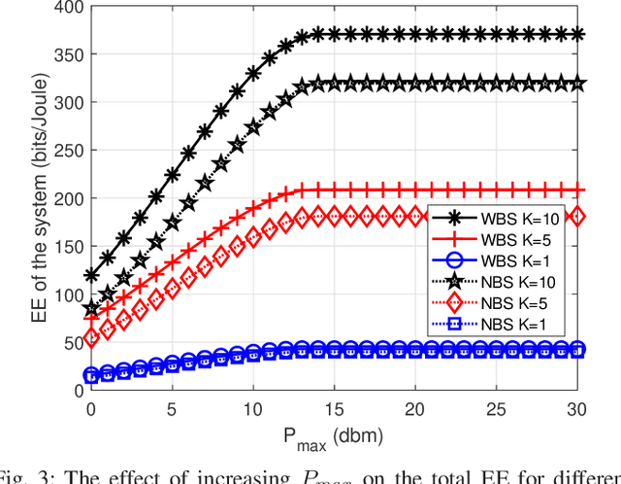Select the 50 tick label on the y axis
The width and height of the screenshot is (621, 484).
click(69, 343)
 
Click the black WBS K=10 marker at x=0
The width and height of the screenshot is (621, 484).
click(91, 276)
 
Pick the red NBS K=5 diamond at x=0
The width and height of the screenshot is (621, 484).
click(91, 338)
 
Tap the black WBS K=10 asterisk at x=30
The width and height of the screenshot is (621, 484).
click(577, 35)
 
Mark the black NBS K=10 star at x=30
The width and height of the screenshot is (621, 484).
click(577, 84)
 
